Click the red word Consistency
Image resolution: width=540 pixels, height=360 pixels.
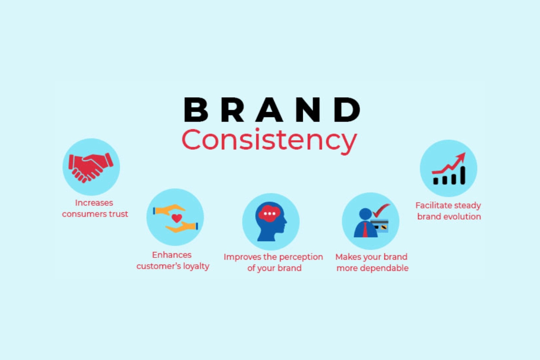click(x=269, y=141)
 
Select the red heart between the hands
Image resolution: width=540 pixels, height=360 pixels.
click(x=177, y=218)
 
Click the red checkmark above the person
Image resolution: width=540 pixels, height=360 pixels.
click(x=381, y=209)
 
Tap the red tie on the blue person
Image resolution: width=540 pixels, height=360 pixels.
click(x=364, y=230)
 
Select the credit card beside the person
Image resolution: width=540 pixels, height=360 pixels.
click(x=380, y=225)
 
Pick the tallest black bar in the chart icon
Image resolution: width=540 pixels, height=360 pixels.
click(x=461, y=175)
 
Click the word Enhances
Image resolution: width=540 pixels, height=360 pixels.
click(x=173, y=255)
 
